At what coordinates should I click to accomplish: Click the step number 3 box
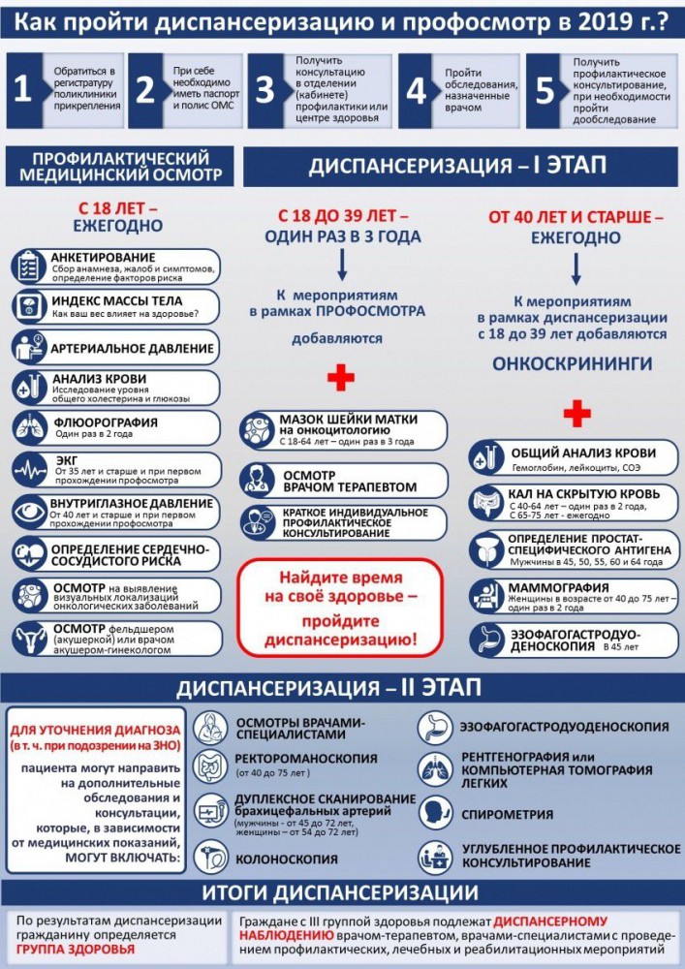pos(265,90)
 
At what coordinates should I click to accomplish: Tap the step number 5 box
pos(545,90)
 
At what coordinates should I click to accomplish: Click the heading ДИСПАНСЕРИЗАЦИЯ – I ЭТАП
pos(457,166)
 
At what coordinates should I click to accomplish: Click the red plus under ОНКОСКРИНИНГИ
pos(576,414)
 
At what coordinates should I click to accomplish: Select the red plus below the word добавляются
pos(340,377)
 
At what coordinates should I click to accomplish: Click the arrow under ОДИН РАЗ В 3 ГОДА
pos(341,264)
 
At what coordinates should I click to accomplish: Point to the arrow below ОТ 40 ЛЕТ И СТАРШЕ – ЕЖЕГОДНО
pos(576,264)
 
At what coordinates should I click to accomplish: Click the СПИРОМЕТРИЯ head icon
pos(434,814)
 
